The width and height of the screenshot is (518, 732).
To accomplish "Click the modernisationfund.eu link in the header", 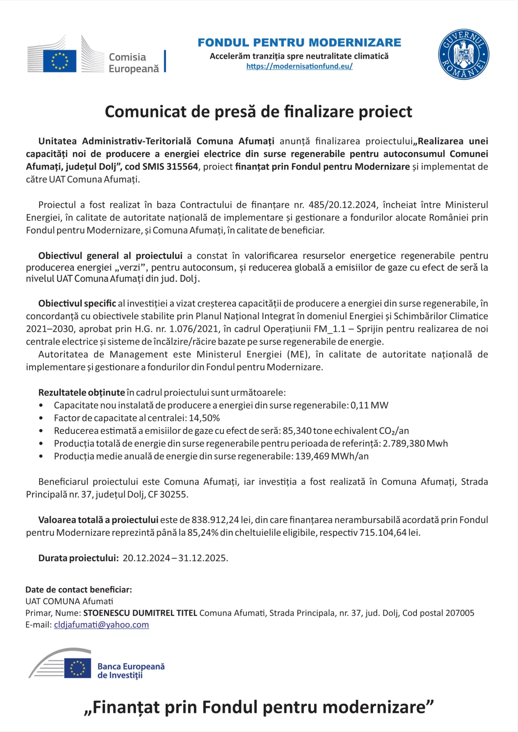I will (299, 66).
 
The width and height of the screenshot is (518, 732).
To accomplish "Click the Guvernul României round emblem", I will (464, 54).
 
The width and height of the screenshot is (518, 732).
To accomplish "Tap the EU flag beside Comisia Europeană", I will (60, 61).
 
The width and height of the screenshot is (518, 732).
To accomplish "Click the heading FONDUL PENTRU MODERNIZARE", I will (299, 43).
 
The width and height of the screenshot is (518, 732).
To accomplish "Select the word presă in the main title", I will (235, 112).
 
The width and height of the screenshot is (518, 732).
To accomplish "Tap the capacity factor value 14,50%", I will (204, 418).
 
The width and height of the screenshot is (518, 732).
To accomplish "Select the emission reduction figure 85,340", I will (297, 431).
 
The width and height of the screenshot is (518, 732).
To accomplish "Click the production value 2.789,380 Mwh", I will (415, 444).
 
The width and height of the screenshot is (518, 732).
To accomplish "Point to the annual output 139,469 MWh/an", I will (332, 456).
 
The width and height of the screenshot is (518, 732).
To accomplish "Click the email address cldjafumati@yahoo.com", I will (101, 624).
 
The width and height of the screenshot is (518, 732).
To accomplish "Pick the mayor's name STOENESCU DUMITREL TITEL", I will (140, 613).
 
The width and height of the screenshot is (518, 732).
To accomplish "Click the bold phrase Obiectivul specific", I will (77, 303).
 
